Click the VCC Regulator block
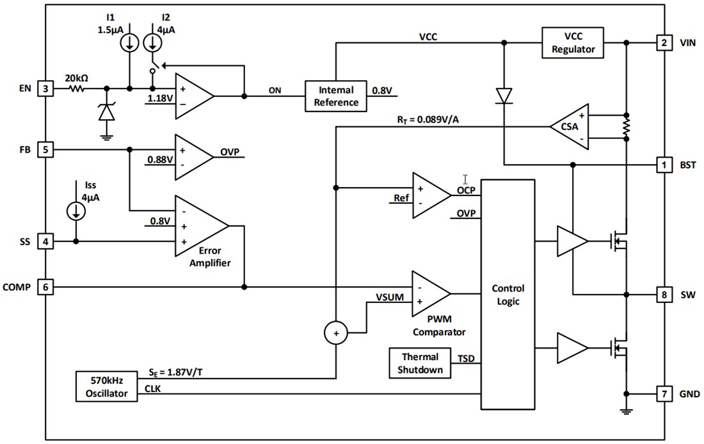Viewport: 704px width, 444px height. (572, 43)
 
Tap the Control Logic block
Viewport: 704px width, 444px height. (508, 294)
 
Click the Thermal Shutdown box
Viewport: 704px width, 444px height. (420, 363)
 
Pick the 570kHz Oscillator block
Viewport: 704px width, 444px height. (107, 386)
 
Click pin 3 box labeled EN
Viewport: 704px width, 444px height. (45, 88)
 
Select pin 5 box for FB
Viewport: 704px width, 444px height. (45, 149)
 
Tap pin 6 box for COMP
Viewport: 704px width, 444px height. (45, 287)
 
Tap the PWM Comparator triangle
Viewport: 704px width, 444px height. (429, 293)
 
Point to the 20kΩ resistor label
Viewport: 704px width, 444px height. (76, 78)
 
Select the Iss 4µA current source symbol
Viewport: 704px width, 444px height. (76, 211)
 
